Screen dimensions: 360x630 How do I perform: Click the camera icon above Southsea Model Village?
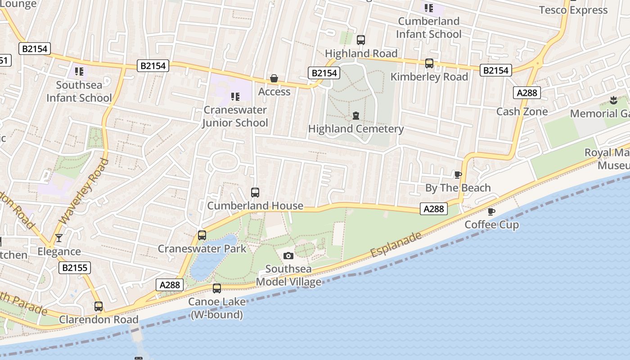tap(288, 256)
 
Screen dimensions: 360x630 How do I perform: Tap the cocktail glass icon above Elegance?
tap(58, 238)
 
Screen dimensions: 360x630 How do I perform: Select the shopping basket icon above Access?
tap(274, 79)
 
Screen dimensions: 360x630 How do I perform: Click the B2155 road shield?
tap(75, 268)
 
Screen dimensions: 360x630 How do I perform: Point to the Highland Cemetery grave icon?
tap(356, 116)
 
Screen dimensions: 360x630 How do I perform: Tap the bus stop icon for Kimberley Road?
tap(429, 63)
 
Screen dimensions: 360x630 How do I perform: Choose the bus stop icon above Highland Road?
tap(360, 40)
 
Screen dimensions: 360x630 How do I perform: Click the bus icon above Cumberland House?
tap(255, 193)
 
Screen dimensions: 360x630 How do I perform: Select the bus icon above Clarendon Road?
tap(99, 306)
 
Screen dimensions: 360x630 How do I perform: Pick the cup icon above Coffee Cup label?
tap(491, 211)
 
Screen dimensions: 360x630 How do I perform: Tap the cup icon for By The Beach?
tap(458, 175)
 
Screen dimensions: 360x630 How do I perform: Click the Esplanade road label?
tap(396, 245)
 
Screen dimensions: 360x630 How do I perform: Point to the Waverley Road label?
tap(85, 191)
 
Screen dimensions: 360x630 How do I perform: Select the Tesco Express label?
tap(573, 10)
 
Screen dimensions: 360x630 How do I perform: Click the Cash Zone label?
tap(522, 111)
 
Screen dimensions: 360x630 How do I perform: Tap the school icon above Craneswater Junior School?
tap(235, 96)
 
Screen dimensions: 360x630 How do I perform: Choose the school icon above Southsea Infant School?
tap(79, 71)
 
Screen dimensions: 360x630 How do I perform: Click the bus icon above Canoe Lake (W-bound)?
tap(217, 288)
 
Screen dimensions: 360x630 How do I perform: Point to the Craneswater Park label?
tap(202, 248)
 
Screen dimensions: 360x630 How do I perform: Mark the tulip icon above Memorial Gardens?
tap(613, 100)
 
